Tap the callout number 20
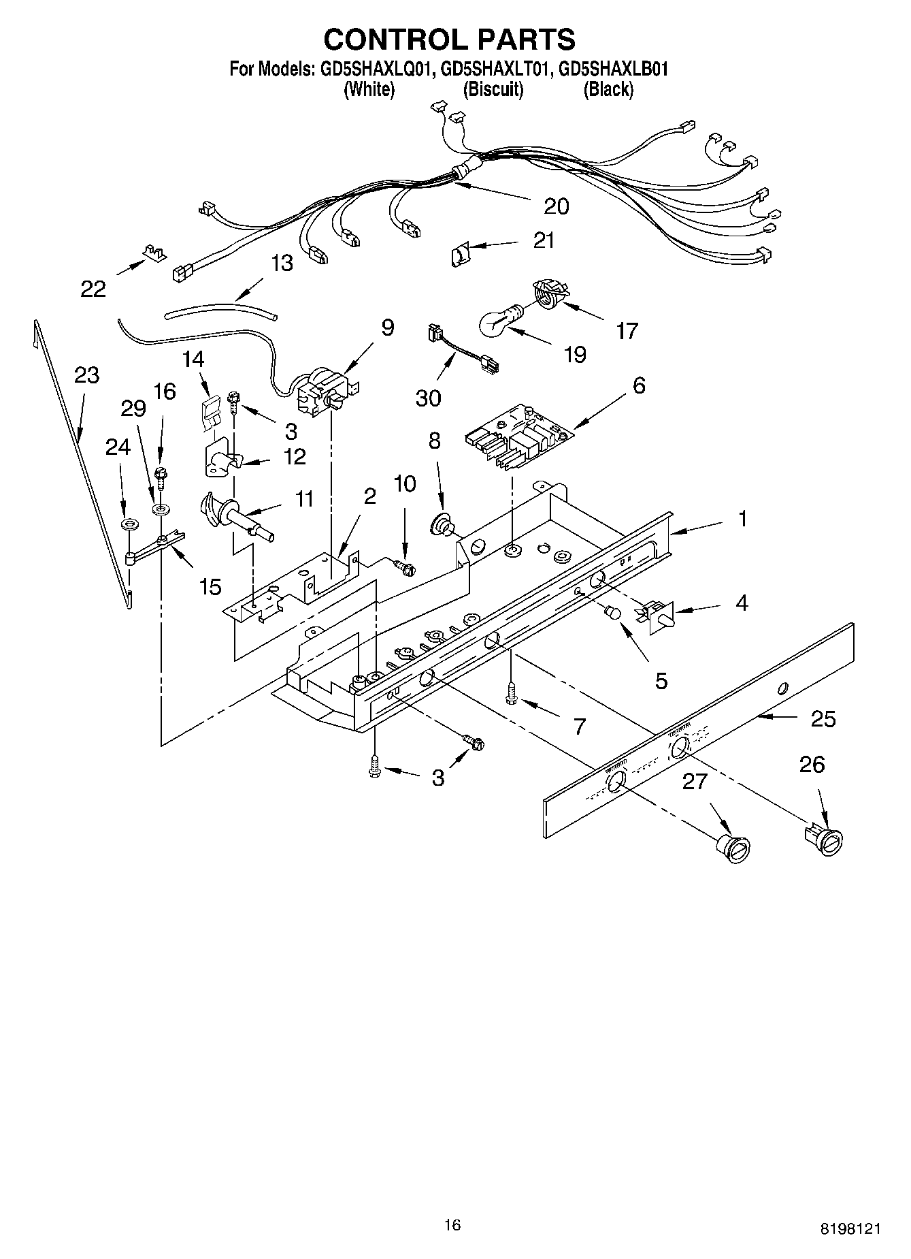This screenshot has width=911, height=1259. pos(557,206)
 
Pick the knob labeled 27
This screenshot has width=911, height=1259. pos(735,850)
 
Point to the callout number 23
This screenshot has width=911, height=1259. pos(87,375)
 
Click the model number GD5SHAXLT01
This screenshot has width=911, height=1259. pos(494,69)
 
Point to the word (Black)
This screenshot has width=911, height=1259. pos(608,89)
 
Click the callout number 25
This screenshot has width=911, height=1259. pos(823,719)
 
